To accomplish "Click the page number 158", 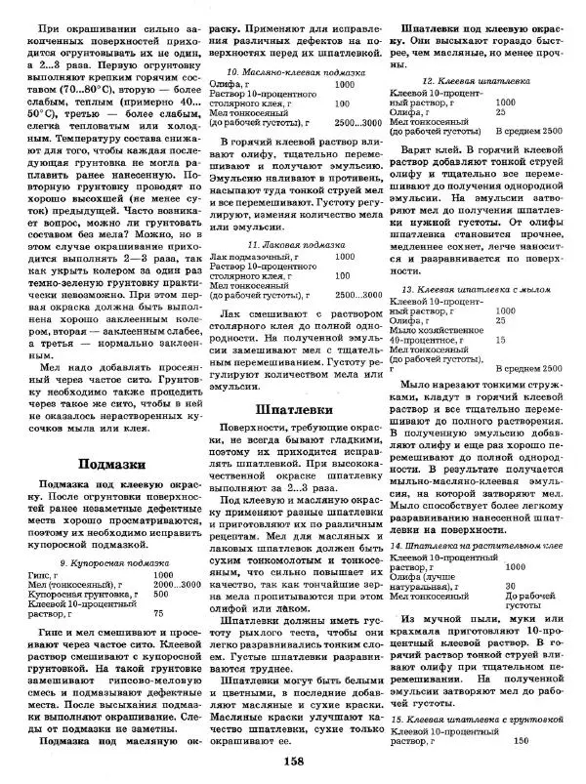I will coord(292,762).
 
